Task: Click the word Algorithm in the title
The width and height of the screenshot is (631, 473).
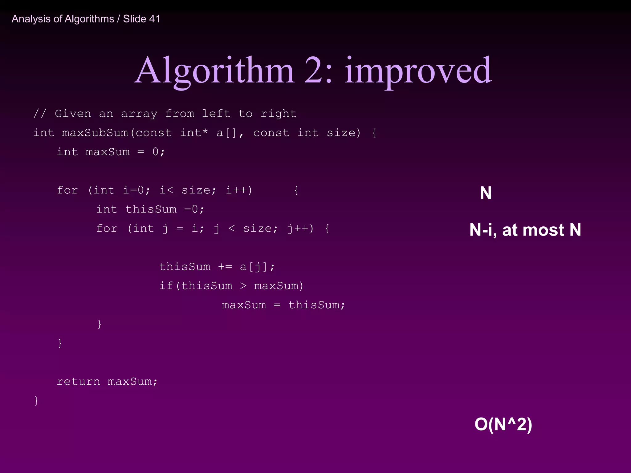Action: pyautogui.click(x=214, y=71)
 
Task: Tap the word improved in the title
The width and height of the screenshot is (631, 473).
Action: pyautogui.click(x=418, y=71)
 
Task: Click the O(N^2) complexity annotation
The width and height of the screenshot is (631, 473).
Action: pyautogui.click(x=503, y=424)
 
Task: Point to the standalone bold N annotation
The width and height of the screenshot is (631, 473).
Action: pyautogui.click(x=486, y=193)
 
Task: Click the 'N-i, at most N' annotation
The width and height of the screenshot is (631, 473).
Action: pyautogui.click(x=525, y=230)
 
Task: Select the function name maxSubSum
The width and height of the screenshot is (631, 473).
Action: pyautogui.click(x=95, y=133)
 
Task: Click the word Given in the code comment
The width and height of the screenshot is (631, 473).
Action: pyautogui.click(x=73, y=114)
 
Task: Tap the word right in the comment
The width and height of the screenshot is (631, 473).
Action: pyautogui.click(x=278, y=114)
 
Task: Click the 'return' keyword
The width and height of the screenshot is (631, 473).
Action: pyautogui.click(x=79, y=382)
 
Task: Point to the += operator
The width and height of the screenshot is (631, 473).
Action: pyautogui.click(x=225, y=267)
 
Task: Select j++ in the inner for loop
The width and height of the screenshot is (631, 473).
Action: pyautogui.click(x=298, y=228)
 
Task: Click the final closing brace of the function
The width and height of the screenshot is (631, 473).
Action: pyautogui.click(x=36, y=401)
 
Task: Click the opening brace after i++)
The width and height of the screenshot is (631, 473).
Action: pyautogui.click(x=296, y=190)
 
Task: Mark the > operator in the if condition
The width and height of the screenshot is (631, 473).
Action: pyautogui.click(x=243, y=286)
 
